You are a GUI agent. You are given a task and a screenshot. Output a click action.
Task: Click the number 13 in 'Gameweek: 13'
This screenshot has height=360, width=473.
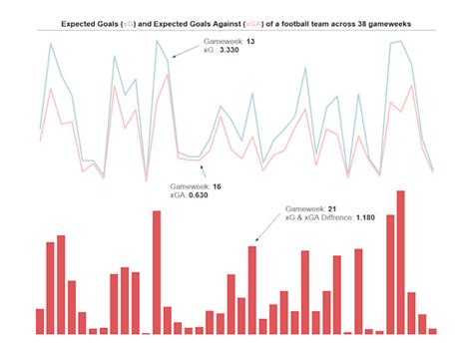point(249,42)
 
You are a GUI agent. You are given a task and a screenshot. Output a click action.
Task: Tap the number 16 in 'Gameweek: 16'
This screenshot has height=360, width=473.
point(217,185)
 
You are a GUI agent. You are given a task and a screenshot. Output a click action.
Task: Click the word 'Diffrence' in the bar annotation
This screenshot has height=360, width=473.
point(332,217)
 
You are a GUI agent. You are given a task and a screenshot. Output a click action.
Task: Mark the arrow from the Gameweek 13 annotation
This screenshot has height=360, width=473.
point(186,50)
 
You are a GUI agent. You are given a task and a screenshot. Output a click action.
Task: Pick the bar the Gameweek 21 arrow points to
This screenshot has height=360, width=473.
point(251,289)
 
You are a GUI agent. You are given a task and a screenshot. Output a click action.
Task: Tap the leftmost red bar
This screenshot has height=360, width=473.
point(40,320)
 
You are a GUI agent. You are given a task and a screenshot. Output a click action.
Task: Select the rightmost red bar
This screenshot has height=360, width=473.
point(433,329)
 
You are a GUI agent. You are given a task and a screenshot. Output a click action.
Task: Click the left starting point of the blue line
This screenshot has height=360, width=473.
point(40,128)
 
